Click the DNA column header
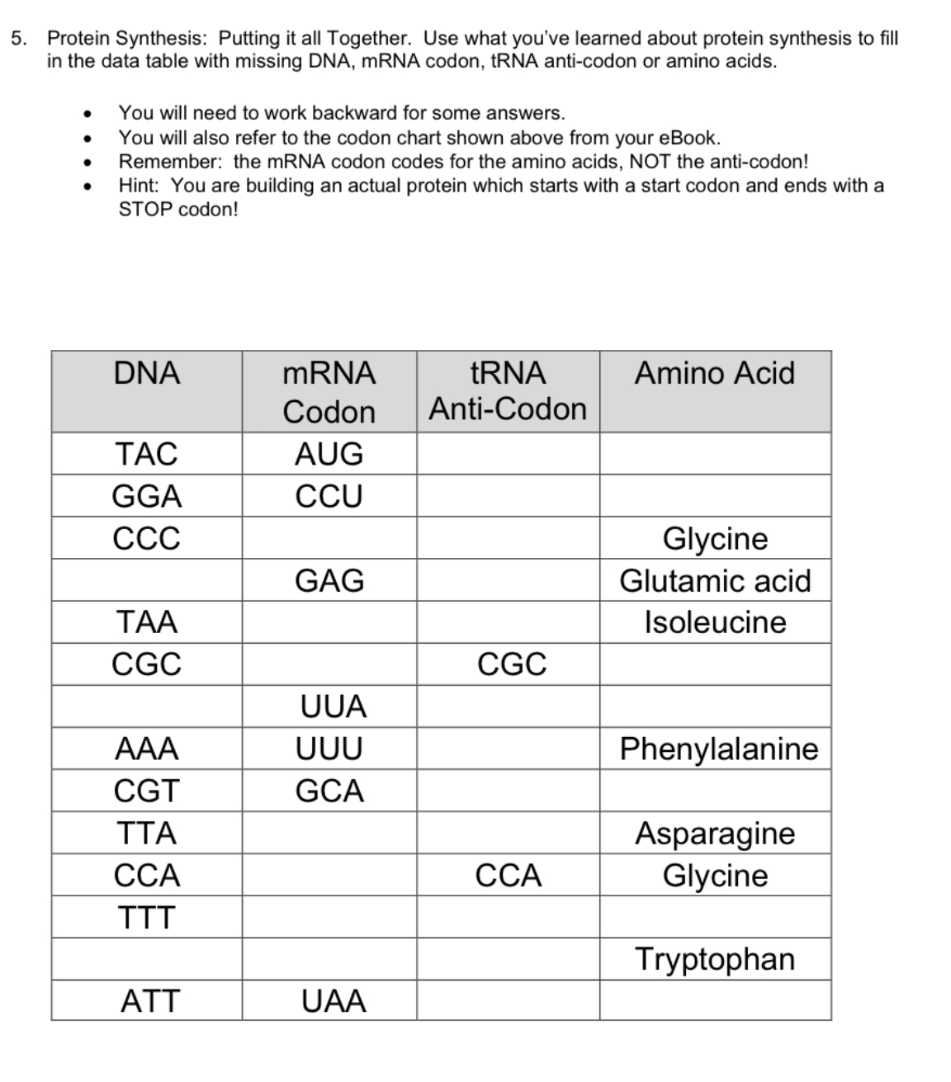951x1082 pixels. point(147,373)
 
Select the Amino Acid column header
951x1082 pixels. point(714,373)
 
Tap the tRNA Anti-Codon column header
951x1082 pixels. point(508,391)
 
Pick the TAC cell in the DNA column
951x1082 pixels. point(147,454)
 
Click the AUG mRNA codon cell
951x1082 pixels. point(329,454)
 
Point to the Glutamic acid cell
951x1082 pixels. point(715,580)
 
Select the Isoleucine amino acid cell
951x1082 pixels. point(715,622)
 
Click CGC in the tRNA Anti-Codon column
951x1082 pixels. point(511,664)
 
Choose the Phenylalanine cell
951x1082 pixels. point(718,749)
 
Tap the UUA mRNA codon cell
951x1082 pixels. point(333,706)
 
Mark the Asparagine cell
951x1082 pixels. point(715,833)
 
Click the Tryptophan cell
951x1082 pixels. point(715,959)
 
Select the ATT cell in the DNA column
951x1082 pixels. point(149,1001)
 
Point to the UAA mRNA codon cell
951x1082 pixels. point(333,1001)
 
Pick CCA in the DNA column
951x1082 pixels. point(147,875)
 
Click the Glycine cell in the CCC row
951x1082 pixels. point(715,538)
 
